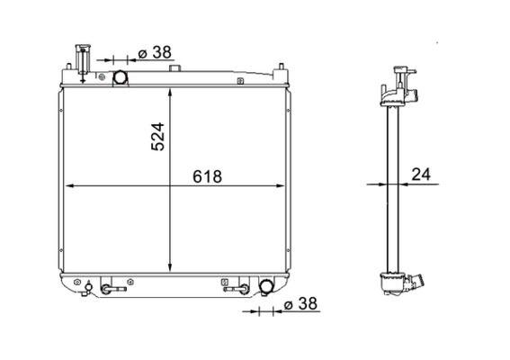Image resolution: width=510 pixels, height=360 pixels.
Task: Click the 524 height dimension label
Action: click(x=158, y=137)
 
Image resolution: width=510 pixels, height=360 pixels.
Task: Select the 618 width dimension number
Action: click(x=207, y=176)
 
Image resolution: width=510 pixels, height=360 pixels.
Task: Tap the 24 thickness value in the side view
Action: click(x=421, y=174)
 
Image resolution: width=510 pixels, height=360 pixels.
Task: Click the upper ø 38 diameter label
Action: click(x=155, y=52)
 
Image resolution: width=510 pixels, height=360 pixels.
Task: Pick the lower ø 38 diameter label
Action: click(x=300, y=303)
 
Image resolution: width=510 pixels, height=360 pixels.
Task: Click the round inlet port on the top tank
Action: click(x=120, y=77)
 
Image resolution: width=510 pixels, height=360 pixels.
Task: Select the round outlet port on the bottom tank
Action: click(x=266, y=286)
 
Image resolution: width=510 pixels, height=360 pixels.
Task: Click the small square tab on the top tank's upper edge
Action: click(x=174, y=67)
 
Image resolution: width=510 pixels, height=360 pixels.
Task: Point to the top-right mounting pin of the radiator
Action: click(x=282, y=67)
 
